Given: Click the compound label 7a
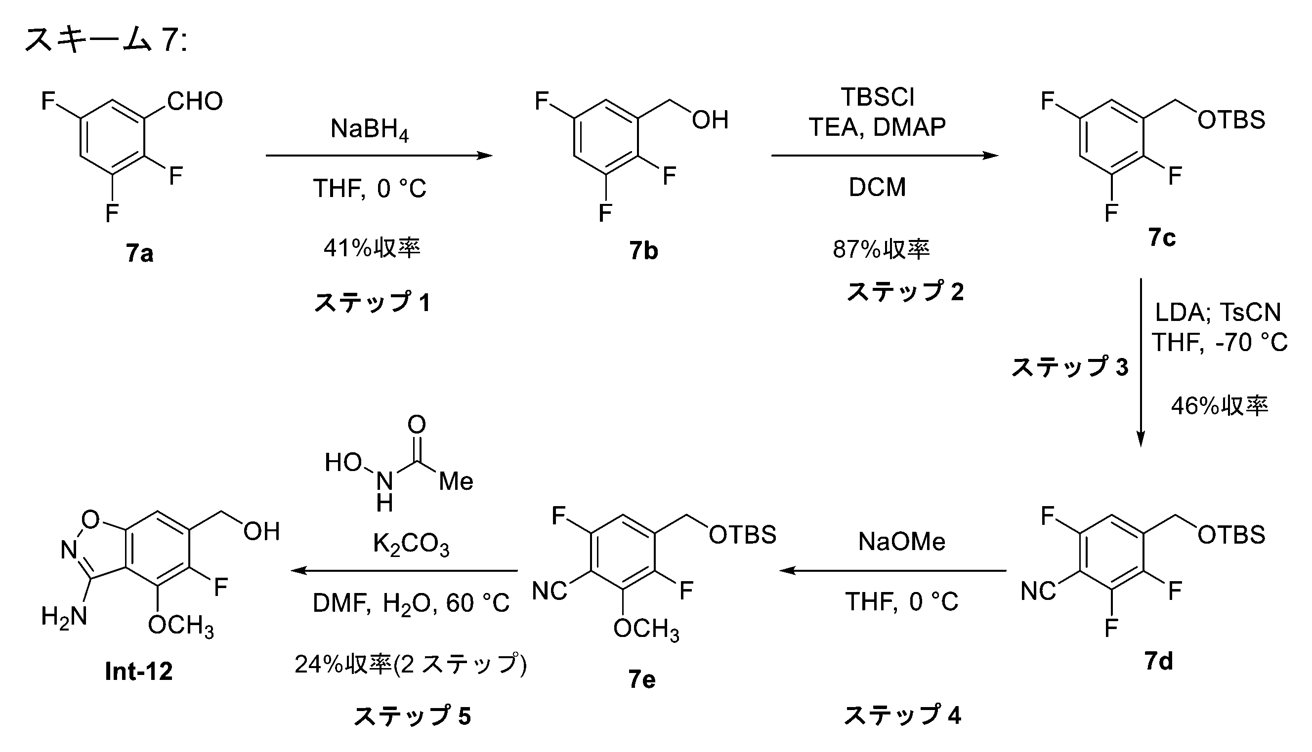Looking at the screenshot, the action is (x=139, y=254).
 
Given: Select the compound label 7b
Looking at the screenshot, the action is (x=643, y=251).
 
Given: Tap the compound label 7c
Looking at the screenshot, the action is (x=1162, y=237).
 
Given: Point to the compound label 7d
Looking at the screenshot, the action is (x=1158, y=661).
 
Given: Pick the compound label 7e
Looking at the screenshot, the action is (x=642, y=679).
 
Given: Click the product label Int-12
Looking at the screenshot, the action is (x=138, y=672).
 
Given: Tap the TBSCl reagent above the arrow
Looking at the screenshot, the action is (x=878, y=97).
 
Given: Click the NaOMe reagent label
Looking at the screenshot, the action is (x=902, y=542).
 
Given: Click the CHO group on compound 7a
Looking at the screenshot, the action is (x=195, y=101).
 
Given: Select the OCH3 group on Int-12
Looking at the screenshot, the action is (x=181, y=627).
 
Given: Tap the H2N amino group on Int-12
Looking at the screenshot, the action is (x=64, y=617).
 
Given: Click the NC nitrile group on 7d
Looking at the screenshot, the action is (x=1038, y=592).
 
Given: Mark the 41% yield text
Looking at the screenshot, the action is (x=372, y=248).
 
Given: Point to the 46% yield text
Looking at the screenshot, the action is (x=1220, y=406).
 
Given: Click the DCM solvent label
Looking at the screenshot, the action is (x=878, y=187).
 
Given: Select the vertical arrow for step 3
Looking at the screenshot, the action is (x=1141, y=362).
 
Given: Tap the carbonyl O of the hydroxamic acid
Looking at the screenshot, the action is (x=417, y=425).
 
